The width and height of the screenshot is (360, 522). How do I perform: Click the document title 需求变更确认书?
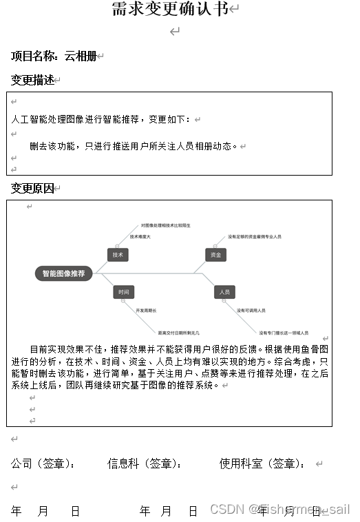pyautogui.click(x=170, y=9)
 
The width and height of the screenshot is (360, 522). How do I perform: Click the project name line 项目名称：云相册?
pyautogui.click(x=53, y=56)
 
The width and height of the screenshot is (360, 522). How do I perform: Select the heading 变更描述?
pyautogui.click(x=32, y=80)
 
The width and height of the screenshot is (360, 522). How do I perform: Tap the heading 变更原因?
pyautogui.click(x=32, y=188)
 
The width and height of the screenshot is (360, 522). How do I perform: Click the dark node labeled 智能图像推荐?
pyautogui.click(x=63, y=273)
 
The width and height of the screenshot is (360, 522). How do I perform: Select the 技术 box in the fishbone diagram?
pyautogui.click(x=118, y=255)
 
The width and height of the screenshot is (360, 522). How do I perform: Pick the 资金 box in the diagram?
pyautogui.click(x=215, y=255)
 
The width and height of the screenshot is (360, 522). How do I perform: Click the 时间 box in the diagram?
pyautogui.click(x=123, y=292)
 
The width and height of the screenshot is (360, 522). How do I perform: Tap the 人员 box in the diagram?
pyautogui.click(x=224, y=292)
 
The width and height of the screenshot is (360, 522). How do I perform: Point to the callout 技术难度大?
pyautogui.click(x=140, y=237)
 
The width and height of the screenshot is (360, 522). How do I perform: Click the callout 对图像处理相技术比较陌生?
pyautogui.click(x=165, y=225)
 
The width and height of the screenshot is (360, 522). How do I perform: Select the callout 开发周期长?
pyautogui.click(x=146, y=311)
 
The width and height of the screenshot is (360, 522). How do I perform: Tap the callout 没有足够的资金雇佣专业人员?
pyautogui.click(x=254, y=237)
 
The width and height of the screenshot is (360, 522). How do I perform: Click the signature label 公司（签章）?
pyautogui.click(x=43, y=463)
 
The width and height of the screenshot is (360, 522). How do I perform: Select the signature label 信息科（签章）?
pyautogui.click(x=140, y=463)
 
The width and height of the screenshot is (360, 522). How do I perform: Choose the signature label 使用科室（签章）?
pyautogui.click(x=262, y=463)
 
